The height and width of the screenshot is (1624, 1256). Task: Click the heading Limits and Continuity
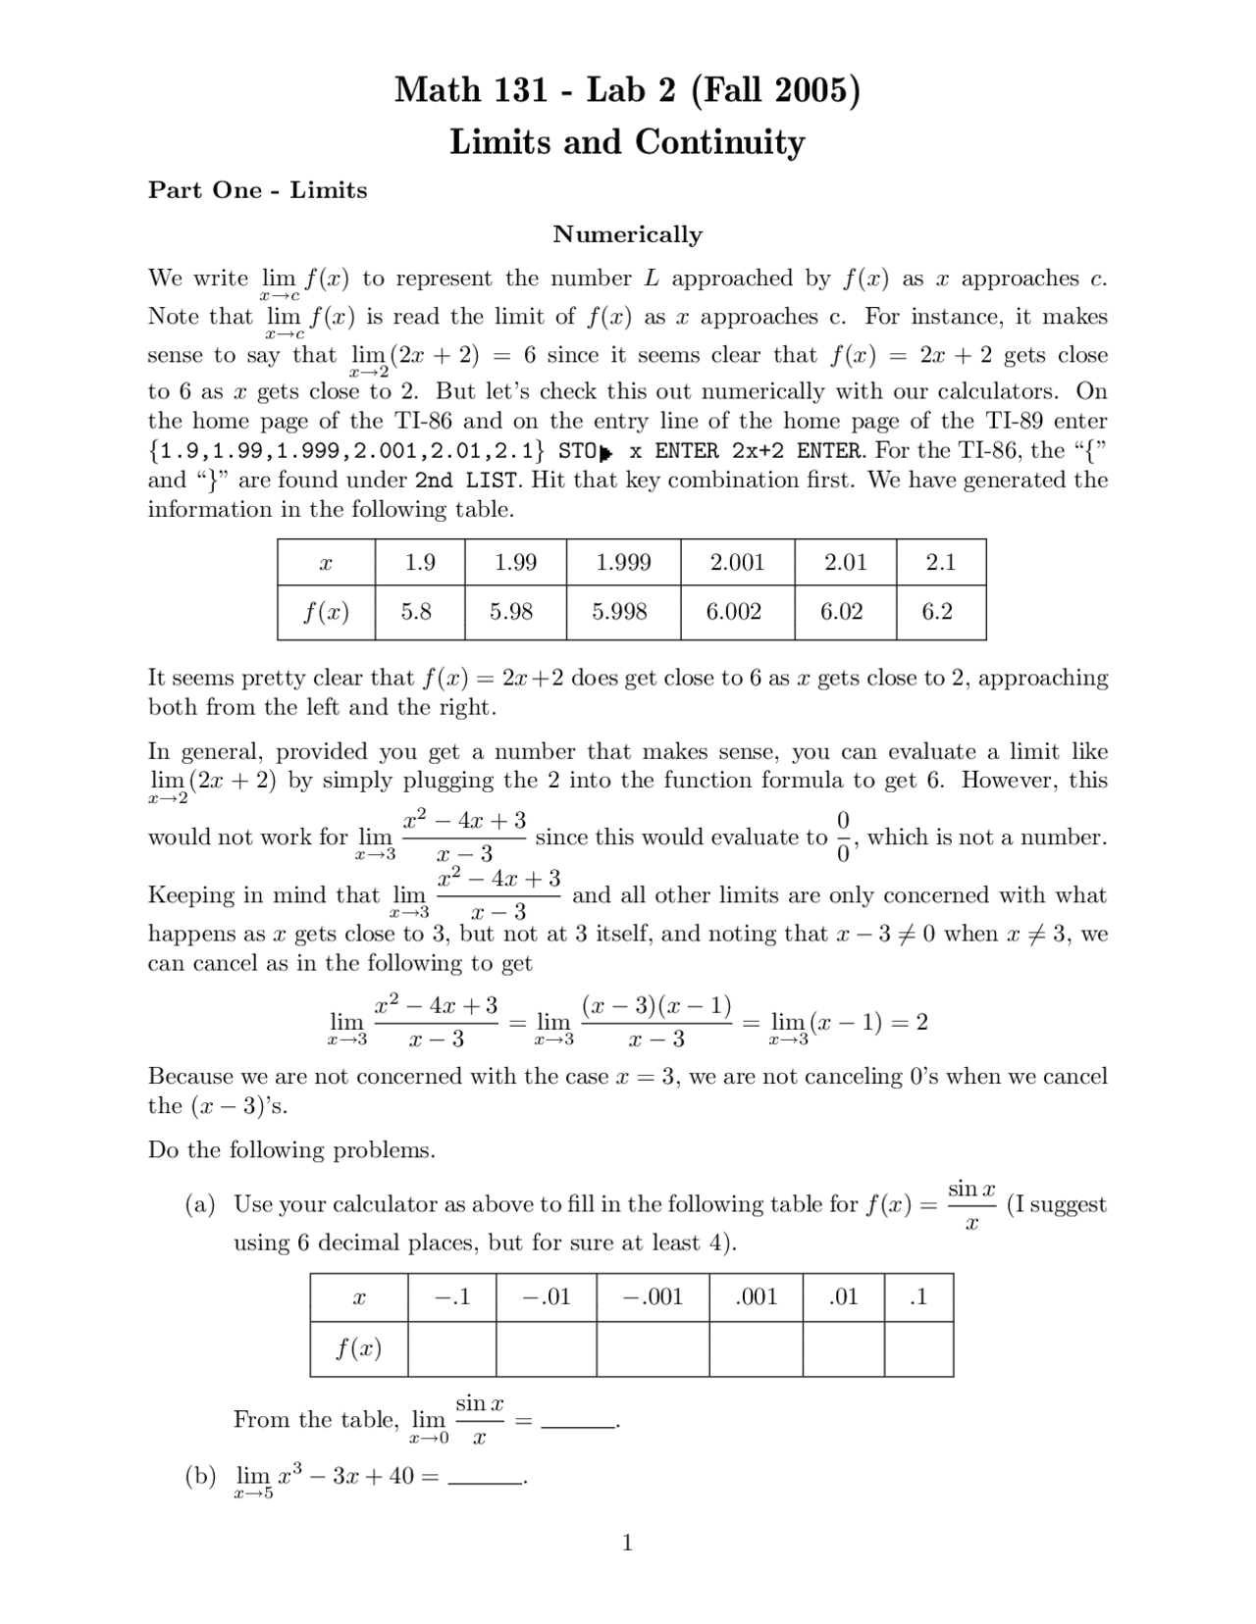click(x=627, y=142)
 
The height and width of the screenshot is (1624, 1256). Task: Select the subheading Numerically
click(x=627, y=234)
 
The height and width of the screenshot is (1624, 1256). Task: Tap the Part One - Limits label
click(x=257, y=190)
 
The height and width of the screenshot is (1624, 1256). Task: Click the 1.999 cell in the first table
click(x=623, y=563)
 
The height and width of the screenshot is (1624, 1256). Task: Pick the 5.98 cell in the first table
click(x=511, y=612)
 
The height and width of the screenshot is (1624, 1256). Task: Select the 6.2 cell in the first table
click(x=937, y=612)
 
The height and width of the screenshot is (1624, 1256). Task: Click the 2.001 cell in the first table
click(x=737, y=563)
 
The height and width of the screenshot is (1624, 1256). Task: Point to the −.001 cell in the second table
click(x=653, y=1297)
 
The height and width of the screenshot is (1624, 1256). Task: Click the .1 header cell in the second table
click(x=918, y=1297)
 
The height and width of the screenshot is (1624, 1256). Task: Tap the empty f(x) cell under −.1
click(x=451, y=1349)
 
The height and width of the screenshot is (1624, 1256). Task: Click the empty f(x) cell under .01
click(x=843, y=1349)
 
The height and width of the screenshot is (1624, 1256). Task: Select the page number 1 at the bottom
click(x=627, y=1544)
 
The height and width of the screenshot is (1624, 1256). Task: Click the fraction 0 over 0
click(x=843, y=837)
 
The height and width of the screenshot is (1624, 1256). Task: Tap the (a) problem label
click(x=200, y=1204)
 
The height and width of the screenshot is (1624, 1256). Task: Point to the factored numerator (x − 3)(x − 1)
click(x=656, y=1006)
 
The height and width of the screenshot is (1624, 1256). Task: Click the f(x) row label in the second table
click(x=358, y=1349)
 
